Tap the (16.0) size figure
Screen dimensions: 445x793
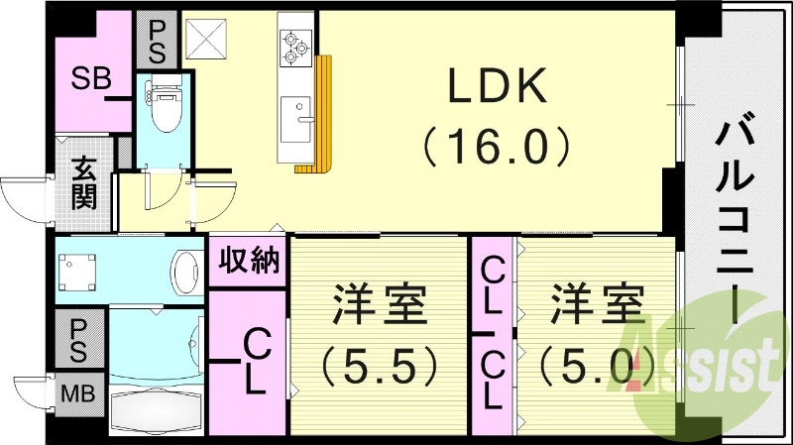(497, 147)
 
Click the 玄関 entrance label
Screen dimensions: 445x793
(83, 182)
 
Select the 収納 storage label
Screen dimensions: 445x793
(248, 262)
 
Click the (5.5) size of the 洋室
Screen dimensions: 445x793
(379, 368)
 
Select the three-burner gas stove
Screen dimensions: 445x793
(296, 48)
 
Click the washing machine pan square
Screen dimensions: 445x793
(78, 270)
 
